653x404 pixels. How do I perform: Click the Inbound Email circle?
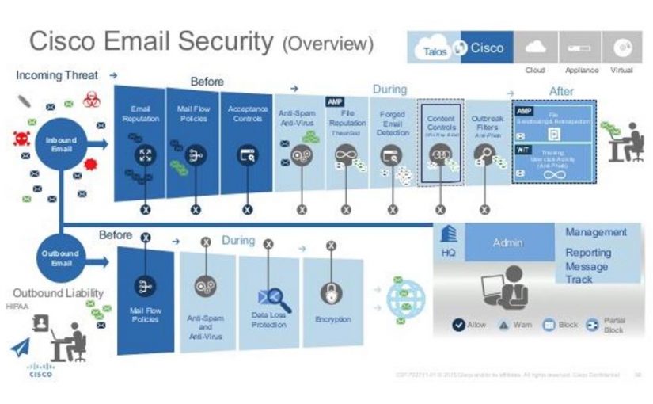click(x=61, y=145)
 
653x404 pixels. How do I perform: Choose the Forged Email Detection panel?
click(x=392, y=143)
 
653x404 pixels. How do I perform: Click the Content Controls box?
click(x=441, y=143)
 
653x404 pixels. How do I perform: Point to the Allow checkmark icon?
click(x=458, y=325)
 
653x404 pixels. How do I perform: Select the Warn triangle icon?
click(x=503, y=325)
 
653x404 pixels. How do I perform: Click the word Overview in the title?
click(x=327, y=42)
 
